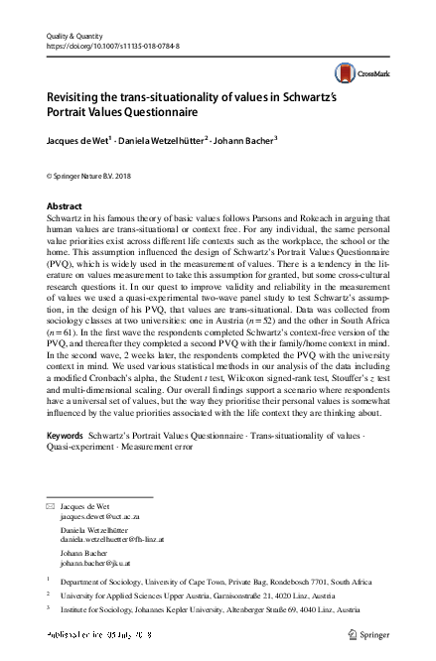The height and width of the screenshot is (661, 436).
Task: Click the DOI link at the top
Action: point(110,45)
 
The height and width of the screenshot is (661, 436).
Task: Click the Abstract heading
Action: point(66,206)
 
